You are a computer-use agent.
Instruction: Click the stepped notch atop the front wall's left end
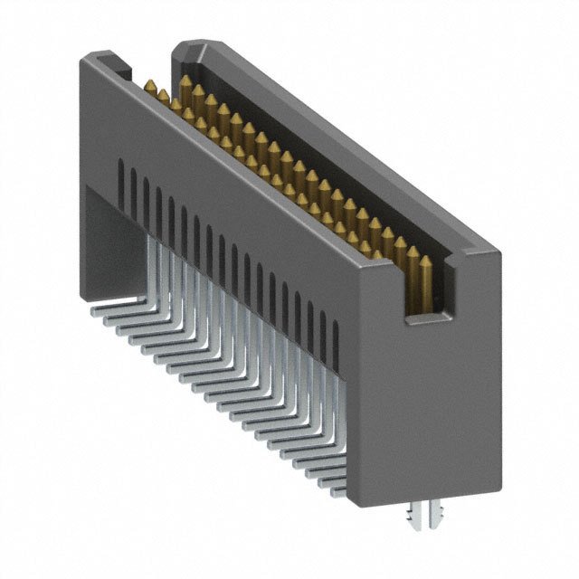pyautogui.click(x=112, y=66)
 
